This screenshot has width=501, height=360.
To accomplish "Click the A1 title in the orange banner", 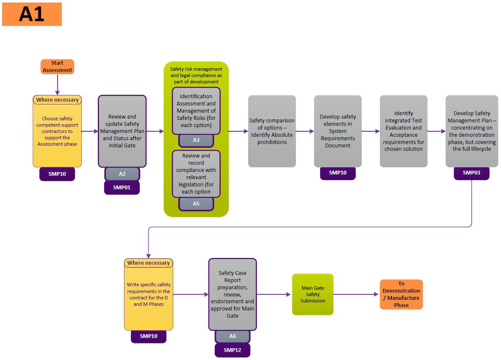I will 32,14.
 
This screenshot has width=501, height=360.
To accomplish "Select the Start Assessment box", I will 57,66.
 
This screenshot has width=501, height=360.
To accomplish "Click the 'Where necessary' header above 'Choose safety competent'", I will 57,100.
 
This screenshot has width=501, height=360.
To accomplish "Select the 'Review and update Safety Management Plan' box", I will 122,131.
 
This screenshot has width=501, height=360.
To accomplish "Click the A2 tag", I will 122,174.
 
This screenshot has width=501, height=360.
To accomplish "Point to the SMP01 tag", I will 122,188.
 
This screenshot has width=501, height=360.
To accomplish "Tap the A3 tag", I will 196,140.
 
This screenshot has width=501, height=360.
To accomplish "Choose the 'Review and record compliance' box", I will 196,174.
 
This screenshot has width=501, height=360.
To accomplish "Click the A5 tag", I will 196,204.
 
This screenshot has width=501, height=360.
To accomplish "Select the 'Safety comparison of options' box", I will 272,131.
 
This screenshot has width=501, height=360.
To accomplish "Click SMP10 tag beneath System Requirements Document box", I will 338,173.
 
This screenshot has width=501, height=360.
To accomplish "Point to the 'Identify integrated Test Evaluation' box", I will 403,131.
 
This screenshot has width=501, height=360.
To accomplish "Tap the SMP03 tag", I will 471,173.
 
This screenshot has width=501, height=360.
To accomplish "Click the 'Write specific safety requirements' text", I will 148,294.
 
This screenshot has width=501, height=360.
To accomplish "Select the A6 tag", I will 233,336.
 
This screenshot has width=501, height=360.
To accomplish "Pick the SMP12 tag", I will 233,350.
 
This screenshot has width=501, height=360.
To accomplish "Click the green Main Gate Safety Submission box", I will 313,294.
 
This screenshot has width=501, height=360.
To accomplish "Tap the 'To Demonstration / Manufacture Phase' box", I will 401,294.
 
